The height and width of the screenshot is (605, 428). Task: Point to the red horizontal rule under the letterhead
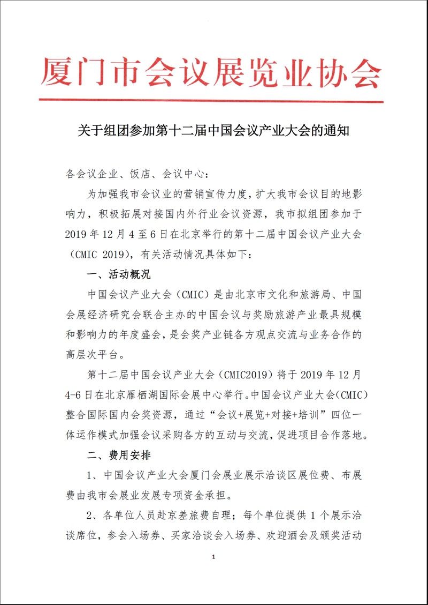pyautogui.click(x=211, y=101)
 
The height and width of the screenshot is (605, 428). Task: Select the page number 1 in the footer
pyautogui.click(x=213, y=572)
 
